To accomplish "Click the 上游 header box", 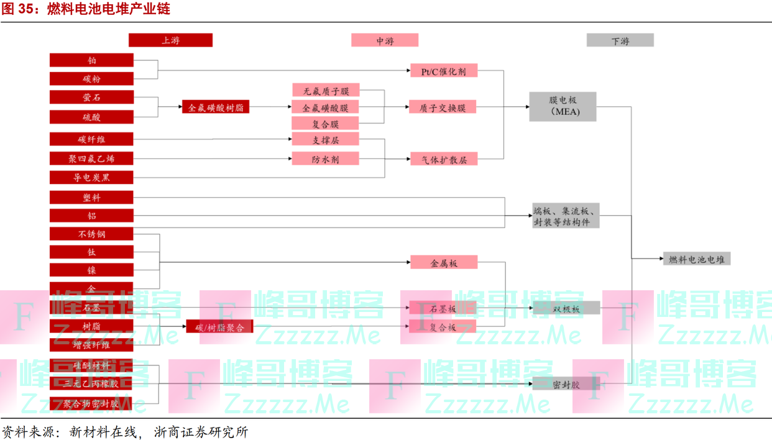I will pos(170,40).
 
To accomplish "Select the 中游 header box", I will pos(384,40).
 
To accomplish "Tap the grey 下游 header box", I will pos(620,40).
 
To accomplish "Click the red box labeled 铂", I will pos(92,60).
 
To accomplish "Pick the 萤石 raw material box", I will pos(92,98).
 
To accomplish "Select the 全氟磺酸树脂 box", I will pos(215,108).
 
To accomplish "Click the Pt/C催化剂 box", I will pos(443,71).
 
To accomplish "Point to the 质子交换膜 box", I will pos(443,108).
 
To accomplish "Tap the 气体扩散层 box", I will pos(443,159).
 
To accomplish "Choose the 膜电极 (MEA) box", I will pos(563,106).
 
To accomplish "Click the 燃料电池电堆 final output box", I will pos(696,259).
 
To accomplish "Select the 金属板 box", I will pos(443,262).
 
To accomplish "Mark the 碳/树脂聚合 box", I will pos(219,326).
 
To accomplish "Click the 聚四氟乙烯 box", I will pos(92,158).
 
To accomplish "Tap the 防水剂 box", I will pos(325,158).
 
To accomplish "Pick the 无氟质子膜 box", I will pos(325,91).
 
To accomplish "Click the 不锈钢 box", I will pos(92,234).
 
